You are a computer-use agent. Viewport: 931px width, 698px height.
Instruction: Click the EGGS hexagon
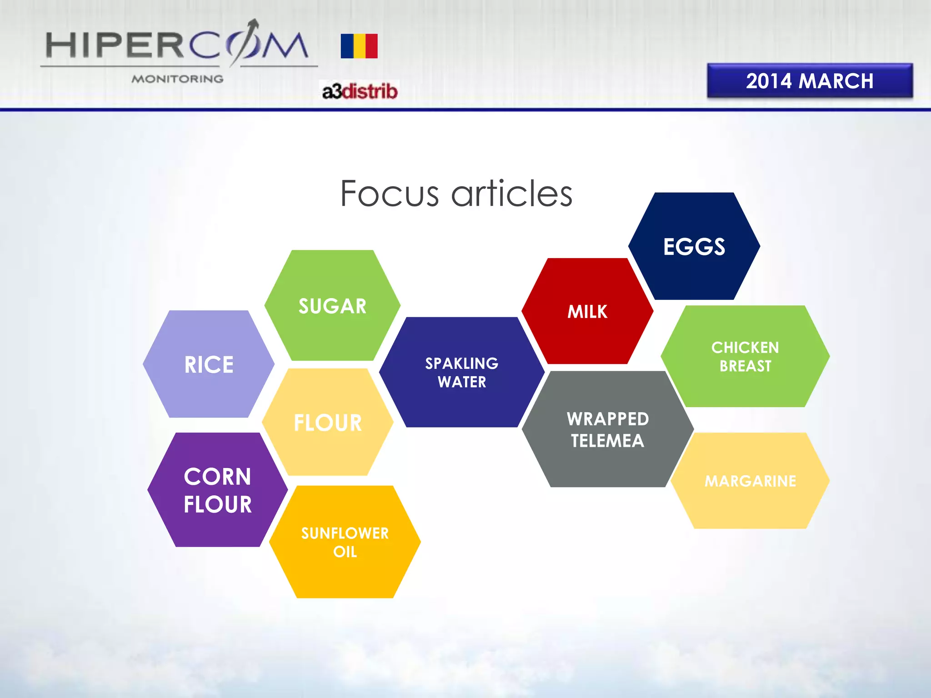(x=694, y=246)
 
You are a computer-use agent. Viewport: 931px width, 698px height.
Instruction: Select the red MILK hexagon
(x=587, y=311)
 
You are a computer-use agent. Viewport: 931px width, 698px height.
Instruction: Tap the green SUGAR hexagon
(x=332, y=305)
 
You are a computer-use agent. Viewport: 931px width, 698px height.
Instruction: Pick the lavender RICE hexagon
(x=209, y=364)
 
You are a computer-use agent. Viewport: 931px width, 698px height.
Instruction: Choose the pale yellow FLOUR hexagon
(x=328, y=422)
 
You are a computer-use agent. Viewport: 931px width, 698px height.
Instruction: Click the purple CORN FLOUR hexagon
(x=218, y=490)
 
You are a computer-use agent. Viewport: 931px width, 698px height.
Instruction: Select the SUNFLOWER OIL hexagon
(x=345, y=542)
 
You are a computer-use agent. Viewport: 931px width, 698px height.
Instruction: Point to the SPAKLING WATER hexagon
(x=462, y=372)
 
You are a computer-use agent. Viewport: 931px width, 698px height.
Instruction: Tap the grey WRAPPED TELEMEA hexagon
(x=608, y=429)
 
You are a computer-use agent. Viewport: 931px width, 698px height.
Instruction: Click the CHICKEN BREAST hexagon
(x=745, y=356)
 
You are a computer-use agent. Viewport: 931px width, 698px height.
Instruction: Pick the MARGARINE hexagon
(x=751, y=481)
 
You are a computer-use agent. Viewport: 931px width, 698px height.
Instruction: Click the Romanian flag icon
(x=359, y=46)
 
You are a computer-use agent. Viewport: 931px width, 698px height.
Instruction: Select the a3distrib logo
(x=360, y=91)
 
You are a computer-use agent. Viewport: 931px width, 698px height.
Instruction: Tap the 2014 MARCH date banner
(x=810, y=81)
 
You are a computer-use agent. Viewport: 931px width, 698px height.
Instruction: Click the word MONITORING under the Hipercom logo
(x=177, y=79)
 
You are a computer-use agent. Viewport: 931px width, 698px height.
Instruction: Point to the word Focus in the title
(x=390, y=194)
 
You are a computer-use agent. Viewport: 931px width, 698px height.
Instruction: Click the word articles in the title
(x=512, y=194)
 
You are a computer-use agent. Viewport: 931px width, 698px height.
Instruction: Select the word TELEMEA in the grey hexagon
(x=608, y=441)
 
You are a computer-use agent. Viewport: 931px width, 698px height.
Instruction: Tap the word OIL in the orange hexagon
(x=345, y=552)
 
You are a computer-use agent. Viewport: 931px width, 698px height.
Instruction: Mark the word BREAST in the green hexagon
(x=746, y=366)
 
